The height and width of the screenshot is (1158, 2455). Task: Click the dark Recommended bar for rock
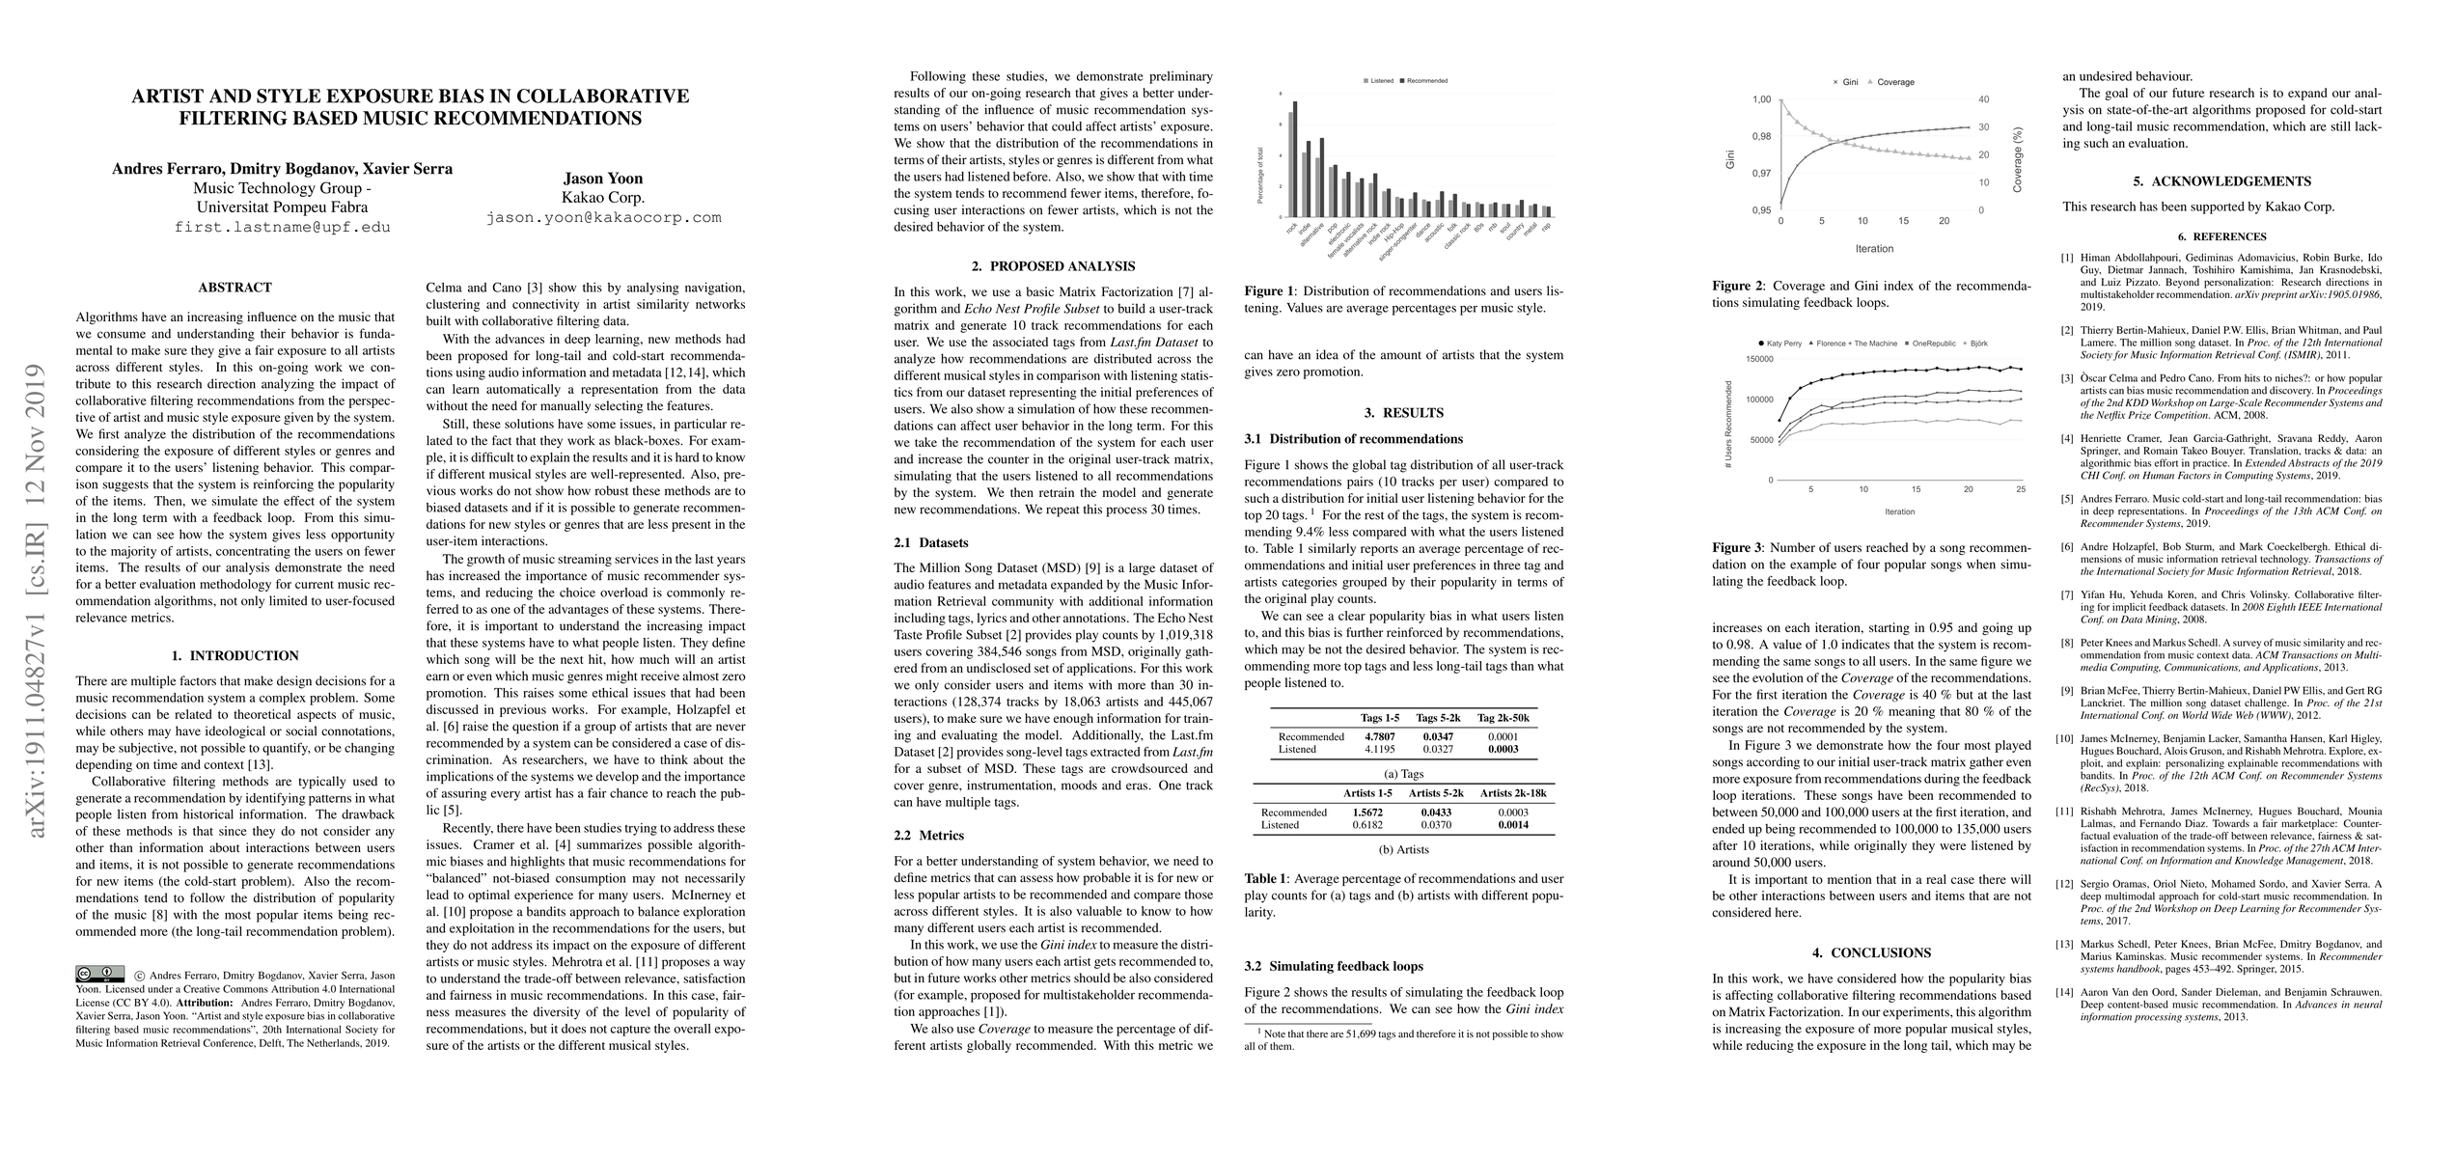point(1295,159)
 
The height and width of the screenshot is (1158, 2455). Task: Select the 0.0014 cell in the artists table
point(1512,826)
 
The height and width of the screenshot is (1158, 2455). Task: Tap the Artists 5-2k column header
point(1436,793)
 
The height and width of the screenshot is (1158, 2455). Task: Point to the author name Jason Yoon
point(603,179)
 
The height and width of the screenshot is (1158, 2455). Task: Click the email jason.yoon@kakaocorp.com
point(603,218)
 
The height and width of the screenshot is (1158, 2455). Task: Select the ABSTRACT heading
point(234,288)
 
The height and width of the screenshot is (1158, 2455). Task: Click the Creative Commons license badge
point(99,974)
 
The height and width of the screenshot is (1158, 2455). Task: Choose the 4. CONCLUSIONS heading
point(1871,952)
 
